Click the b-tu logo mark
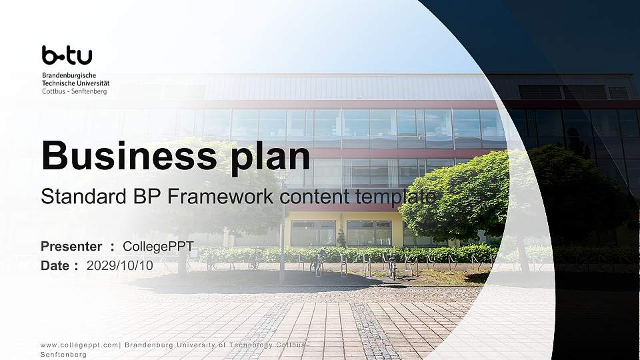click(x=67, y=55)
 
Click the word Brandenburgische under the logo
click(x=69, y=75)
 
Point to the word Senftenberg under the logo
click(x=89, y=91)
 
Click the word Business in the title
click(x=129, y=155)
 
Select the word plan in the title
click(x=270, y=157)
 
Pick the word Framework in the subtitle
click(x=221, y=196)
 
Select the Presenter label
click(x=71, y=246)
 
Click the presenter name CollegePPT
click(x=159, y=246)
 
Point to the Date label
click(x=55, y=266)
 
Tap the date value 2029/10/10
click(x=119, y=266)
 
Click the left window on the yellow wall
click(x=313, y=233)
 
